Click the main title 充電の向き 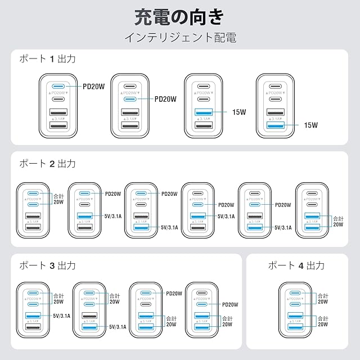[179, 17]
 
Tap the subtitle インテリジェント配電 [179, 38]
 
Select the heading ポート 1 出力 [47, 59]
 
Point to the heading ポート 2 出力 [47, 164]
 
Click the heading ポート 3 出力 [47, 265]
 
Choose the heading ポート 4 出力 [296, 265]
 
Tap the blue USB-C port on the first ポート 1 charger [58, 87]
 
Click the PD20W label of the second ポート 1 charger [165, 99]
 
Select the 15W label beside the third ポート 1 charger [239, 112]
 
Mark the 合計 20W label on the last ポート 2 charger [337, 222]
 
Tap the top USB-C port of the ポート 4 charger [296, 294]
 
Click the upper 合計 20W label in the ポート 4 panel [323, 299]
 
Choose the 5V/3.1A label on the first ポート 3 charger [61, 316]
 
